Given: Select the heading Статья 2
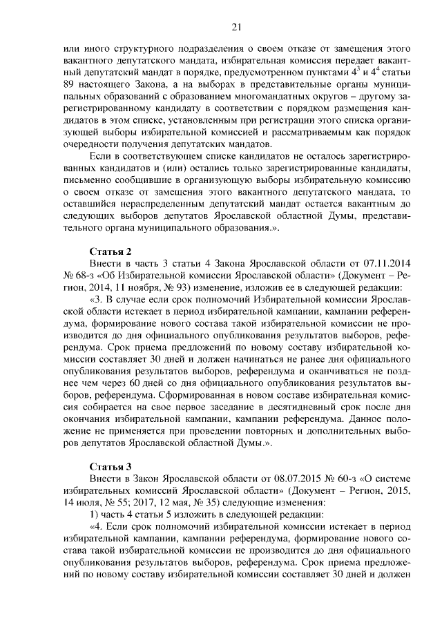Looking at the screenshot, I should click(x=110, y=250).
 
